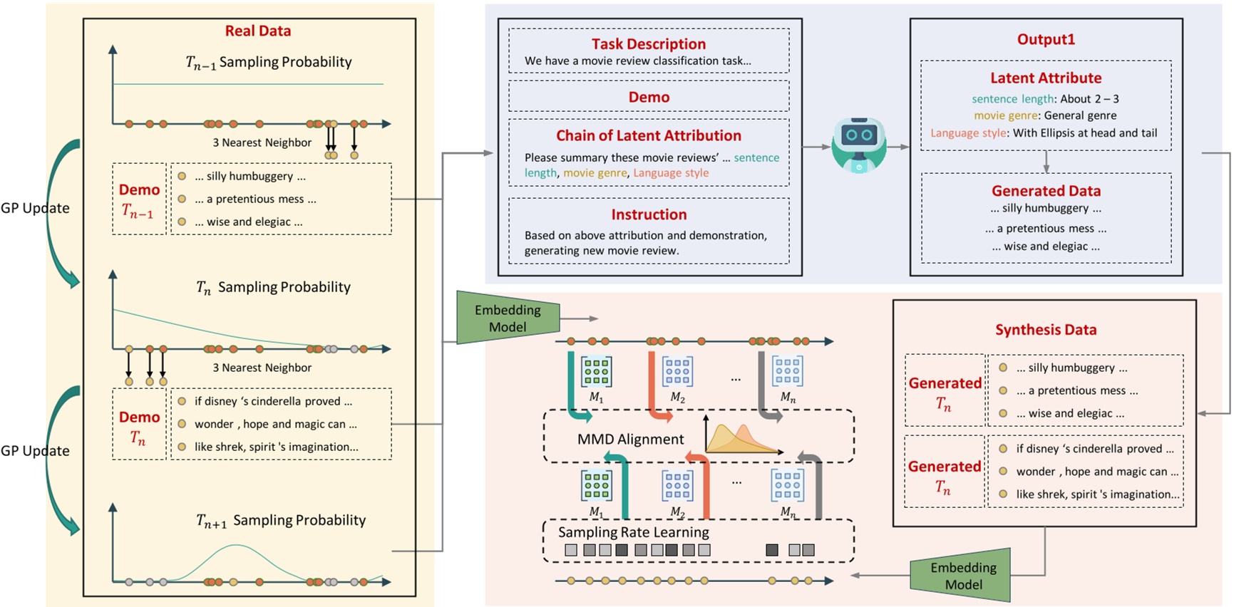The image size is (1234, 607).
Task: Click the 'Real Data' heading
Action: point(257,31)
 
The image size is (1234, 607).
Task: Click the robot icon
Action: point(859,145)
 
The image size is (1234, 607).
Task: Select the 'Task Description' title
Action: point(648,43)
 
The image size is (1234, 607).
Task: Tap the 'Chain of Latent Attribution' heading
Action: point(648,135)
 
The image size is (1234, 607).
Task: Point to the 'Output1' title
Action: point(1045,39)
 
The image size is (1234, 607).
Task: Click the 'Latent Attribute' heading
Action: point(1045,78)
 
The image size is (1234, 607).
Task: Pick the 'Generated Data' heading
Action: point(1045,190)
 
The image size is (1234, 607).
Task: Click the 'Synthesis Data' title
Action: point(1045,329)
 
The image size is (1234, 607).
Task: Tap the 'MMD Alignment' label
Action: point(630,439)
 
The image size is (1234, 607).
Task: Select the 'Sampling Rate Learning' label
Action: point(633,532)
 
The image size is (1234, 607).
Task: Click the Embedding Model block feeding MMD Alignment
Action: point(508,318)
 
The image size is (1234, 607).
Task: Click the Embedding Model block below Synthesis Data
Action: point(962,575)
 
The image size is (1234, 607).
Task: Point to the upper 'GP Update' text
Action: point(35,208)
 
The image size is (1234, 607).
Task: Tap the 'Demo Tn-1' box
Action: point(139,199)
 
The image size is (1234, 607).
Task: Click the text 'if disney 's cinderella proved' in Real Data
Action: point(273,401)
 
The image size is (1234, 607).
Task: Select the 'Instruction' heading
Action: point(648,214)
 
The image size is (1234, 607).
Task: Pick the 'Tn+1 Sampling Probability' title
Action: point(281,520)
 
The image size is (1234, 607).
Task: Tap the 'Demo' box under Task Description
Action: point(648,97)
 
